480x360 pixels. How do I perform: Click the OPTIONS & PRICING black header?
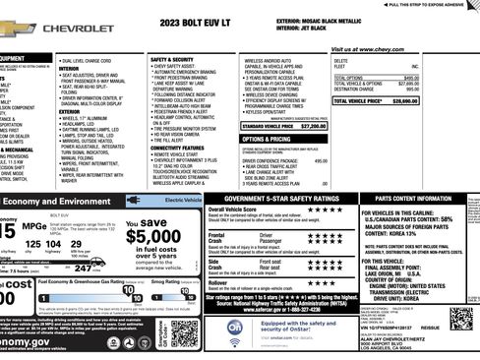[x=266, y=139]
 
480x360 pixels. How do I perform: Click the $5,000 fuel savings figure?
[x=152, y=236]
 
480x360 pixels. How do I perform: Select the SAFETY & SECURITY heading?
[x=173, y=59]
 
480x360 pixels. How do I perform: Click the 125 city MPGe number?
[x=32, y=244]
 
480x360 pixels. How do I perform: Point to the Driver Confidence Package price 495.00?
[x=321, y=160]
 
